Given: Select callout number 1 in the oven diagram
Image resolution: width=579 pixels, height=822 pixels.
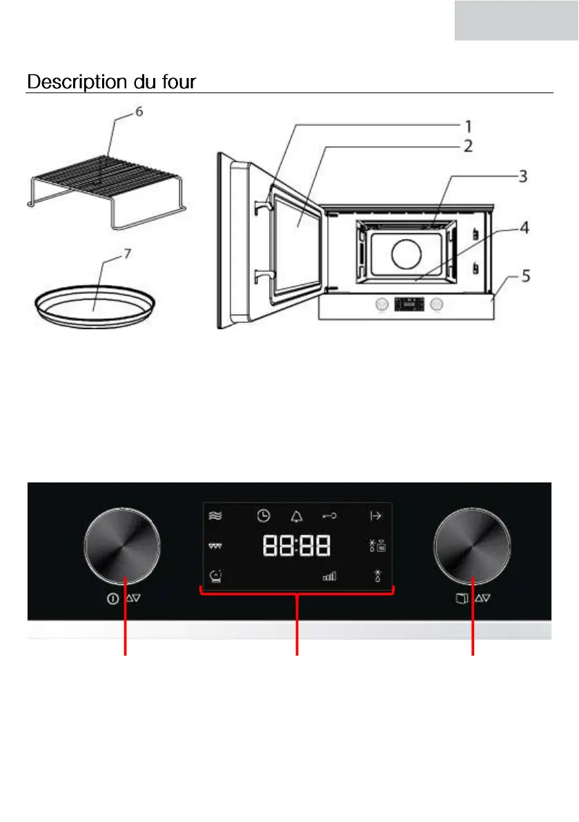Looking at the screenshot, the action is pyautogui.click(x=467, y=126).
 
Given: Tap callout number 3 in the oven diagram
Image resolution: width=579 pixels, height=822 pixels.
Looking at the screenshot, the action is pyautogui.click(x=523, y=177).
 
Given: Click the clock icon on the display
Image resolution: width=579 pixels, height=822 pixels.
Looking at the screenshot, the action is pyautogui.click(x=263, y=516).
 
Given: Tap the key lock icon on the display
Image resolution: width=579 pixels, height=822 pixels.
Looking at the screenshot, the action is pyautogui.click(x=330, y=516).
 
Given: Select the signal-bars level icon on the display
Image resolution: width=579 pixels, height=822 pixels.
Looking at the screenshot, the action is pyautogui.click(x=329, y=575).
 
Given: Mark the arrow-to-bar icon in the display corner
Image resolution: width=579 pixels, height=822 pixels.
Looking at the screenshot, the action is pyautogui.click(x=376, y=516).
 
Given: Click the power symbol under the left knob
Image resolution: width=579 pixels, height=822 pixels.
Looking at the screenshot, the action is pyautogui.click(x=112, y=599).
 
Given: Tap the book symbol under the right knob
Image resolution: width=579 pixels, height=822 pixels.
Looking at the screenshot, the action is pyautogui.click(x=461, y=599).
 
